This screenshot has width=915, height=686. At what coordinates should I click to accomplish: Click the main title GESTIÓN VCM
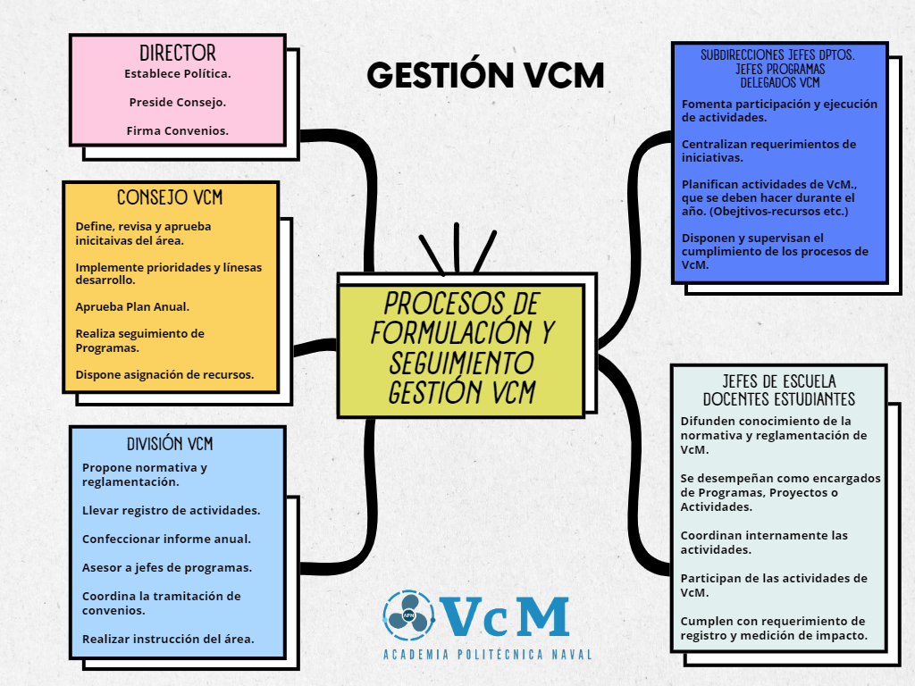(x=485, y=75)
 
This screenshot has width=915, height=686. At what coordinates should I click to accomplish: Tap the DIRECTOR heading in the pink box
(x=178, y=53)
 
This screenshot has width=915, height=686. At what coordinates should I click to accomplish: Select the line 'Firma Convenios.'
(x=178, y=130)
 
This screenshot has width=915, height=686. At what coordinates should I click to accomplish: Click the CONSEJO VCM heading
(x=170, y=197)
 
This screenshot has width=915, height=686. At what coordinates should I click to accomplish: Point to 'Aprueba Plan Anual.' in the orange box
(x=132, y=307)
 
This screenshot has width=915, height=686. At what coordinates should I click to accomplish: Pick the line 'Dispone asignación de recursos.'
(x=164, y=374)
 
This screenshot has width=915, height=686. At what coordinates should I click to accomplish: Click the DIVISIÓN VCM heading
(x=170, y=444)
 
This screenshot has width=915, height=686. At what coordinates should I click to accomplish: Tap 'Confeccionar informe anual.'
(x=166, y=539)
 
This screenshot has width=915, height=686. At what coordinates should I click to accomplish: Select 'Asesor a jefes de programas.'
(x=167, y=567)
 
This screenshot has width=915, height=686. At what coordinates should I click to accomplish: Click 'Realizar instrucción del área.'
(x=168, y=639)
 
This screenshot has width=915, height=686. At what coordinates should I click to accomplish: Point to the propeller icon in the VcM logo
(x=408, y=615)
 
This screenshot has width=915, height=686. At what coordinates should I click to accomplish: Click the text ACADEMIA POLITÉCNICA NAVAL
(x=487, y=655)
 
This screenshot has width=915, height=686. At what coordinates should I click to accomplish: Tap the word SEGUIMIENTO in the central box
(x=461, y=363)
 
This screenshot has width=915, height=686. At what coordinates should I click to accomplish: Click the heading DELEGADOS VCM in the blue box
(x=779, y=83)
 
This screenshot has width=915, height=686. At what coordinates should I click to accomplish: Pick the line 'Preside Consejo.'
(x=178, y=102)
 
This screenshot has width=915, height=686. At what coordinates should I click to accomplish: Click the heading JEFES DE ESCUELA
(x=779, y=381)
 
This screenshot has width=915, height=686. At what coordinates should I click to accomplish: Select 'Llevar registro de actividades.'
(x=171, y=510)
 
